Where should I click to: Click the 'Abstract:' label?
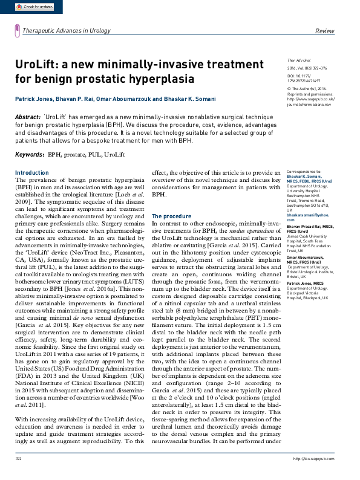pos(28,116)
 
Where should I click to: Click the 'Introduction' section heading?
pos(31,173)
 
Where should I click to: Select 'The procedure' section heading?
pos(171,216)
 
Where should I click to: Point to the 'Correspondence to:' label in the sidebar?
pos(304,172)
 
